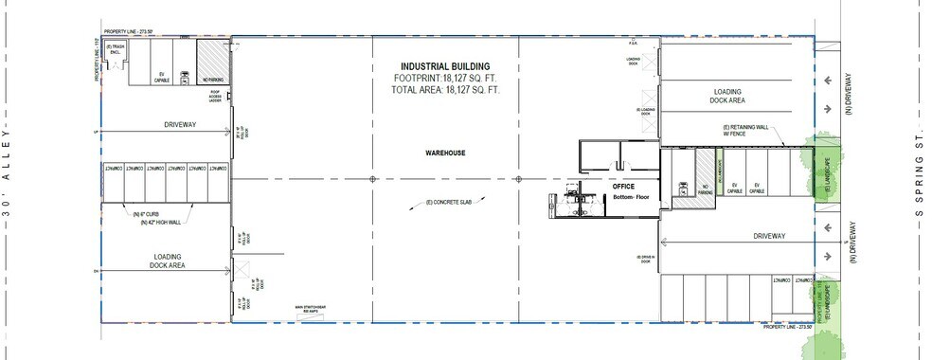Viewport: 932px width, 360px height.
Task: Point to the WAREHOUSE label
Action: (444, 152)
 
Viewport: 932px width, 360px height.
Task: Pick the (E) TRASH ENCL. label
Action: (116, 48)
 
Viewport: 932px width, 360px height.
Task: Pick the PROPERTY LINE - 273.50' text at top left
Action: (128, 32)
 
